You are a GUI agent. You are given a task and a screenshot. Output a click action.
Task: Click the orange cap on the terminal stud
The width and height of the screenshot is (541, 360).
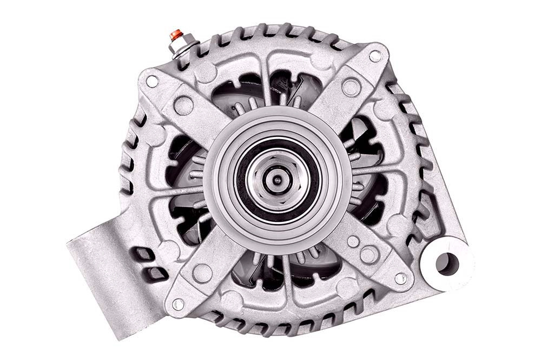tap(175, 35)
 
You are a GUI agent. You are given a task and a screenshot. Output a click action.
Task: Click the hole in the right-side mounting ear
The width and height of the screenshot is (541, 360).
tap(447, 263)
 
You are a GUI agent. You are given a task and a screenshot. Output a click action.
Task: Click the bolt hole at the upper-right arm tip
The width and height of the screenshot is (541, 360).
tap(375, 56)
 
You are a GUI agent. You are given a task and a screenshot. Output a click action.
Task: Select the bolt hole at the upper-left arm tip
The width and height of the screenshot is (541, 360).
tap(152, 82)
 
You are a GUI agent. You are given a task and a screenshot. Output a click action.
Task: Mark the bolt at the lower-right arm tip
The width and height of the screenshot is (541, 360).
tap(400, 279)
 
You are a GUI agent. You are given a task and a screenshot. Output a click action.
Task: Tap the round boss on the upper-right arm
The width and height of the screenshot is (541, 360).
tap(351, 87)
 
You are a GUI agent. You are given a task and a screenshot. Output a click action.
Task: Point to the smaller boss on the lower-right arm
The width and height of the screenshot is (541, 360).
tap(353, 241)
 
